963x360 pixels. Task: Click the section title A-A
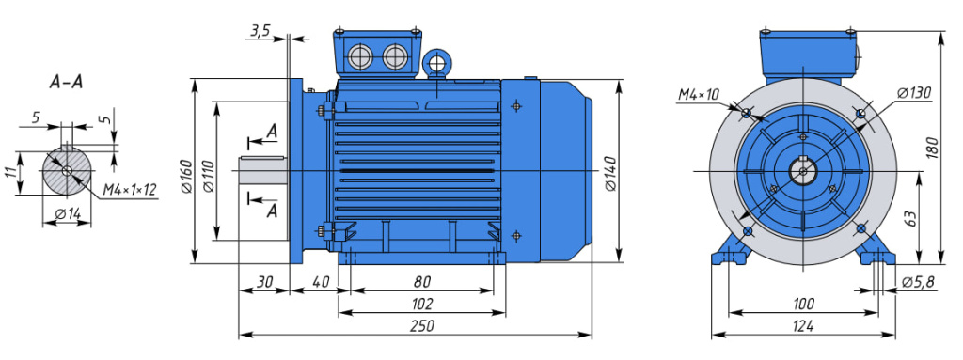point(66,82)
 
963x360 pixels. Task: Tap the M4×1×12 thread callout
point(131,191)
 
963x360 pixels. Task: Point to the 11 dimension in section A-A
point(10,173)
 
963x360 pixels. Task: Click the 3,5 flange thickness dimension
point(260,31)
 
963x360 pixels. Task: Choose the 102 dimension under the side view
point(422,304)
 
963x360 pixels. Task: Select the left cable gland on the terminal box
point(360,57)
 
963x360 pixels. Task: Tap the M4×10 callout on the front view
point(698,94)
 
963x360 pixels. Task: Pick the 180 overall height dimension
point(933,149)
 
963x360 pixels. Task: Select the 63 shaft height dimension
point(909,218)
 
